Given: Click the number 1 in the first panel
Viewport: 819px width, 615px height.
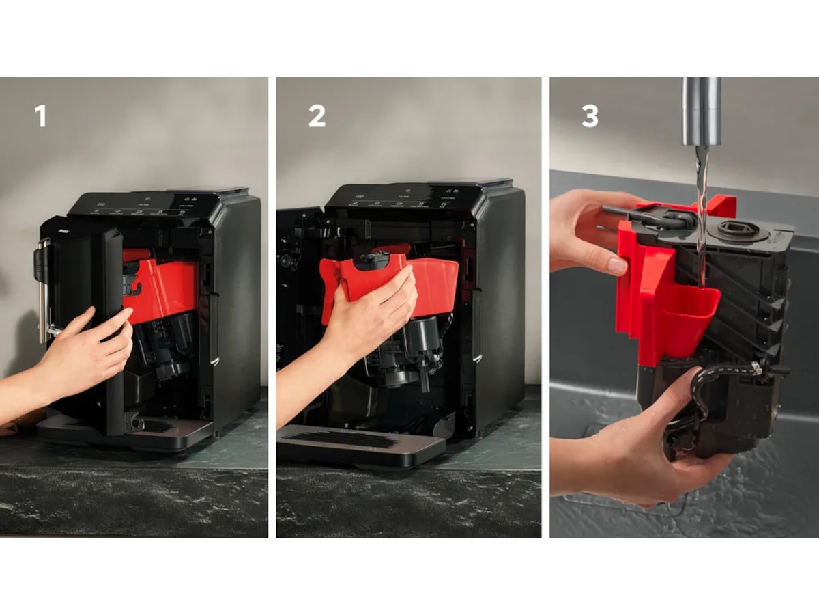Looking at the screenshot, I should [x=41, y=116].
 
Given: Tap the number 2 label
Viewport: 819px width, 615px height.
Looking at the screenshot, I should [x=317, y=116].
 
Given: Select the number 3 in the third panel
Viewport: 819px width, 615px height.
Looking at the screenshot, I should [x=590, y=116].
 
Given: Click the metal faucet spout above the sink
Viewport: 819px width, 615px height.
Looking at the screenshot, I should [x=702, y=109].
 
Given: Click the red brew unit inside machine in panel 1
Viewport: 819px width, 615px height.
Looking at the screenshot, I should [x=164, y=287].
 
